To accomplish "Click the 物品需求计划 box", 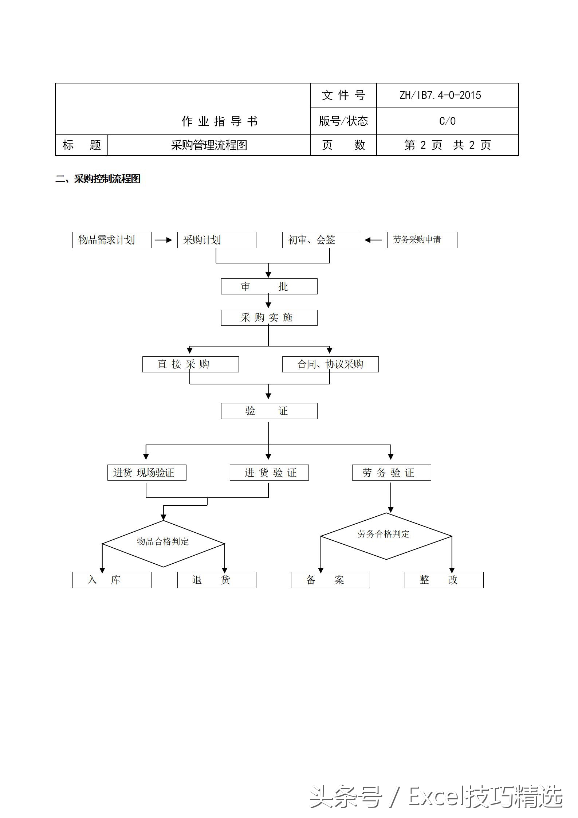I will (x=112, y=240).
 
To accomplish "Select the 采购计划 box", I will (x=217, y=240).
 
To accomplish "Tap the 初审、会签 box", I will (x=322, y=240).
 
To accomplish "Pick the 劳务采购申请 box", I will (x=422, y=240).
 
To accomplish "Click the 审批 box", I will (x=269, y=286).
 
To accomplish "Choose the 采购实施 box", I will (x=269, y=318).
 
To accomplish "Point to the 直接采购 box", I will (x=190, y=364).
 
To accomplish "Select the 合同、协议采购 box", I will (x=330, y=364).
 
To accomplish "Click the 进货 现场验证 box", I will (x=147, y=473).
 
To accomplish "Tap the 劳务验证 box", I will (x=392, y=473).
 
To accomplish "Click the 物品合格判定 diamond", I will (x=163, y=544).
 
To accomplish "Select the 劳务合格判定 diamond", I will (x=386, y=536).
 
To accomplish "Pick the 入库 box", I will (x=112, y=580).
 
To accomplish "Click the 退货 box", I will (x=217, y=580).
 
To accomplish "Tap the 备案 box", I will (x=330, y=580).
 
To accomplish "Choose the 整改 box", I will (x=444, y=580).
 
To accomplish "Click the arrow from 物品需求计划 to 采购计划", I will (x=164, y=240).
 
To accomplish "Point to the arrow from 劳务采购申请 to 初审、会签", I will (x=373, y=240).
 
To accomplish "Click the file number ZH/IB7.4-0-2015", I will (x=440, y=95).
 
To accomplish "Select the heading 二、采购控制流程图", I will (x=98, y=179).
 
